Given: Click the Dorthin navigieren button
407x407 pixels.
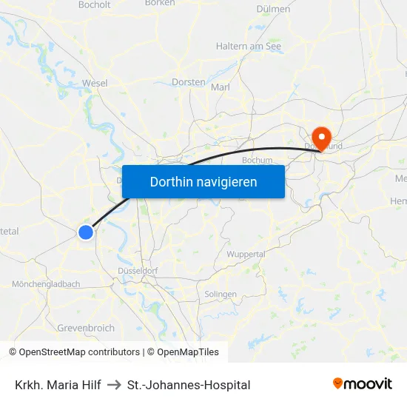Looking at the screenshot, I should click(x=203, y=181).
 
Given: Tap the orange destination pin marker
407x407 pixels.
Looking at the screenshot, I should click(x=321, y=137).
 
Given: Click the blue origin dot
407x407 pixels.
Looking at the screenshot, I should click(x=86, y=232).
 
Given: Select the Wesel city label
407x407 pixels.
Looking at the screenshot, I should click(x=95, y=83).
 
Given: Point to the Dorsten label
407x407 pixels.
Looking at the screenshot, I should click(x=188, y=82).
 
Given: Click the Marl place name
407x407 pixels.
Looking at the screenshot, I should click(x=221, y=87).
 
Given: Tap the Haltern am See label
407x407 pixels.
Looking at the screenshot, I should click(x=248, y=46).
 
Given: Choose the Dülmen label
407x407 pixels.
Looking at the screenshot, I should click(x=272, y=10).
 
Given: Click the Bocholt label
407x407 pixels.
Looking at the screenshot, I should click(x=94, y=4).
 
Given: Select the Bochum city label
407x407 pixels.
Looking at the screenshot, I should click(x=258, y=160).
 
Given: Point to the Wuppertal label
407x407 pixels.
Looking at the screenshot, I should click(x=246, y=254).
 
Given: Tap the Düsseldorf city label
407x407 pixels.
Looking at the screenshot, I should click(x=138, y=271).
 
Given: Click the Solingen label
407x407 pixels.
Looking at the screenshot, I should click(x=221, y=294).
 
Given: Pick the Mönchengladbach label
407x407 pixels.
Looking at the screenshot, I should click(x=46, y=284).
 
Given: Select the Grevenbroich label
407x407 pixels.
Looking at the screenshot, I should click(x=86, y=327).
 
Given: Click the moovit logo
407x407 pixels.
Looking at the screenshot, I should click(x=362, y=383).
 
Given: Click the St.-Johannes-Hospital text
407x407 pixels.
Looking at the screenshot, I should click(x=189, y=385).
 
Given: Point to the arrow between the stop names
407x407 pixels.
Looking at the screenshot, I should click(x=114, y=385).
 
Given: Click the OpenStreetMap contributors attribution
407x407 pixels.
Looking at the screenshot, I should click(x=79, y=352).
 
